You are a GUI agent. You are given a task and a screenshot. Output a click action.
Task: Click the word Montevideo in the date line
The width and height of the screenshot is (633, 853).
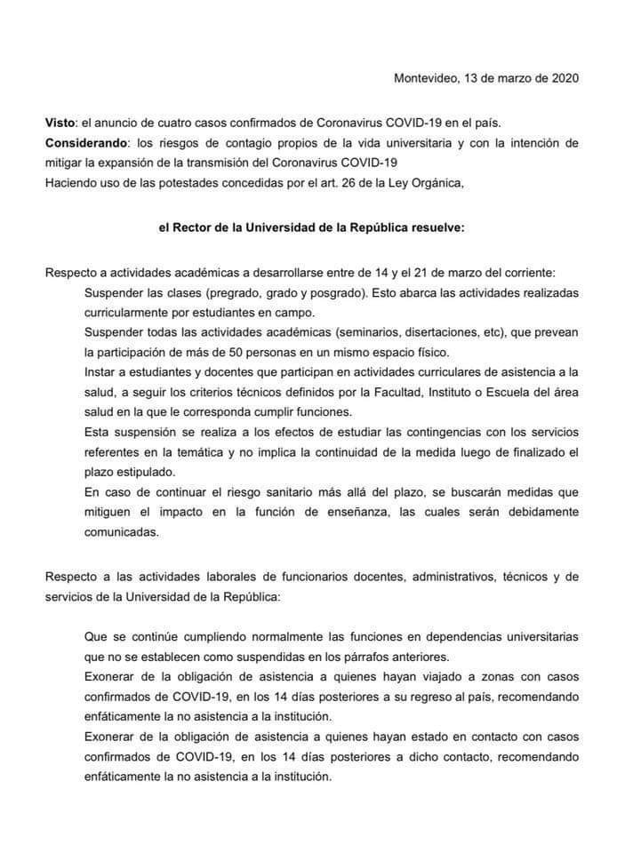click(x=424, y=78)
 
